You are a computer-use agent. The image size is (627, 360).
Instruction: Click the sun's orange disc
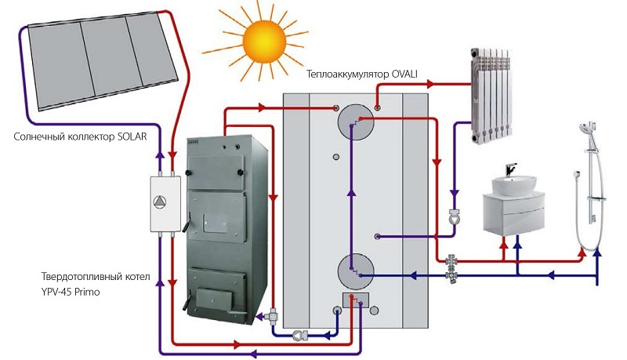pos(264,42)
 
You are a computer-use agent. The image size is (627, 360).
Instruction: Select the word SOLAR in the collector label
pos(132,136)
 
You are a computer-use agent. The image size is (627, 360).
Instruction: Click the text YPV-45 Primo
pos(71,292)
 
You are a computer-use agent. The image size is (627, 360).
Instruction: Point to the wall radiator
pos(491,96)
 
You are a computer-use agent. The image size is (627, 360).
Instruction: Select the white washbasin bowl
pos(514,185)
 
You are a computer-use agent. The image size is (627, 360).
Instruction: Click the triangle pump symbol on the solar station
pos(160,202)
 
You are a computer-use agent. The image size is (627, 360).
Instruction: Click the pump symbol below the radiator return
pos(455,216)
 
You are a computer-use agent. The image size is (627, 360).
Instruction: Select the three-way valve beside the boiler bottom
pos(274,316)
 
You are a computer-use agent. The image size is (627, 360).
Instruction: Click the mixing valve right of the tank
pos(453,268)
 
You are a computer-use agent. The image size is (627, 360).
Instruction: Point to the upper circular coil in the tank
pos(356,122)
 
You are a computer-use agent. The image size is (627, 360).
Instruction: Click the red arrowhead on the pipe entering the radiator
pos(430,84)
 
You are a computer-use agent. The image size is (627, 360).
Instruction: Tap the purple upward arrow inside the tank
pos(351,192)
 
